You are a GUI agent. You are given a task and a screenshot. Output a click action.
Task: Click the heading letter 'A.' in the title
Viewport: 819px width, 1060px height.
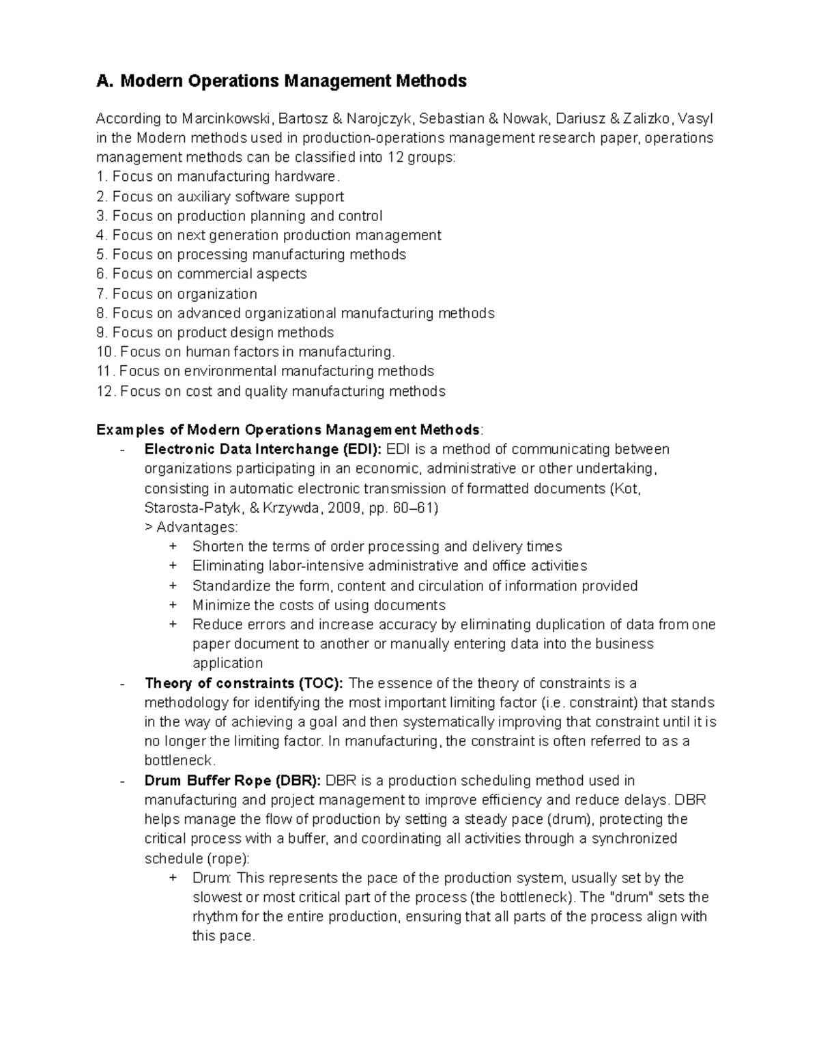tap(105, 81)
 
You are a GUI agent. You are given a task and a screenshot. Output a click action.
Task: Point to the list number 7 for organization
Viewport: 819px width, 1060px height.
tap(101, 294)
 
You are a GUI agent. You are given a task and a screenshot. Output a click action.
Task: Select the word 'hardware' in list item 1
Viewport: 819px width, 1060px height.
tap(305, 177)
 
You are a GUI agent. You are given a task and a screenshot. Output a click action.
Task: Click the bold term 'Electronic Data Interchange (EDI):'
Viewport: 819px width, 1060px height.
tap(263, 449)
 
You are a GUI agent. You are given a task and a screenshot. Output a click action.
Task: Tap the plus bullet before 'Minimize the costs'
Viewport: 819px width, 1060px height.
tap(173, 605)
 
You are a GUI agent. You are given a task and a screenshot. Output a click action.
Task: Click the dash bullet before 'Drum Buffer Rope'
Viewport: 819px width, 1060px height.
tap(121, 781)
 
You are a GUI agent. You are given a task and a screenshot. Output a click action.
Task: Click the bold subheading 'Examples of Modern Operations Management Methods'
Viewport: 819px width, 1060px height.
tap(288, 430)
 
